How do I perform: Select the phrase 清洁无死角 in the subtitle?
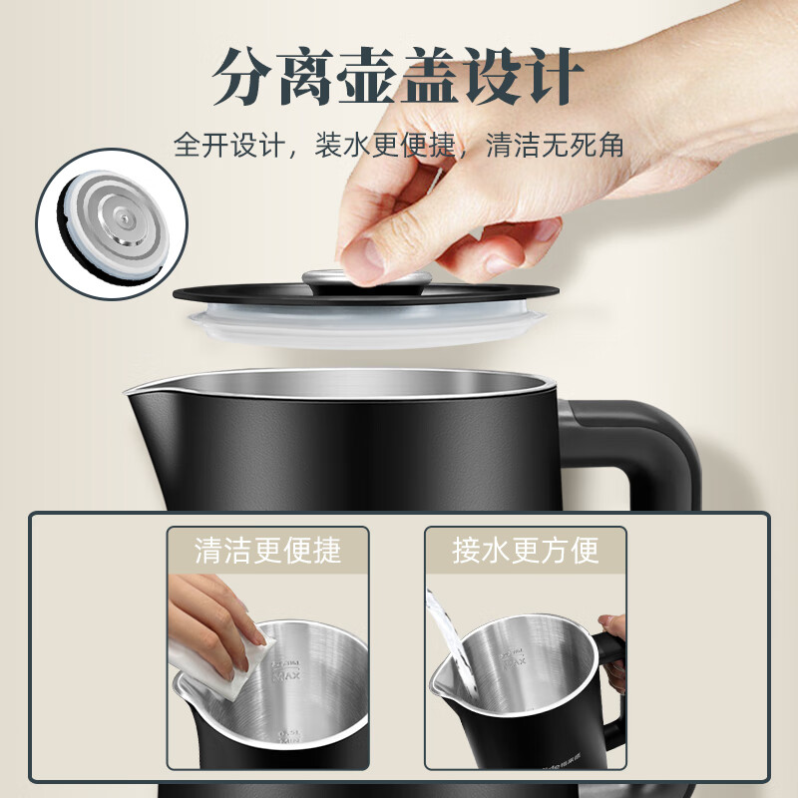click(555, 146)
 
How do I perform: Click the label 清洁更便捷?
click(267, 550)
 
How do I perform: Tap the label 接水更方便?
click(526, 550)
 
